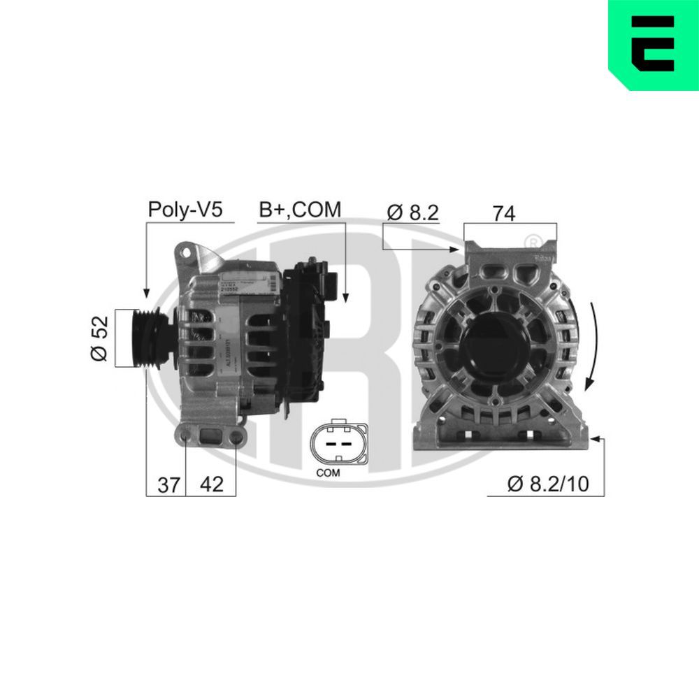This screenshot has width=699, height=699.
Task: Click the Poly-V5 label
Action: tap(185, 209)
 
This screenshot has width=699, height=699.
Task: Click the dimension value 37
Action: tap(168, 484)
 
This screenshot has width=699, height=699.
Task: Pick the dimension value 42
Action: tap(211, 484)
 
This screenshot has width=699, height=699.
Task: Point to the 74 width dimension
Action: tap(503, 213)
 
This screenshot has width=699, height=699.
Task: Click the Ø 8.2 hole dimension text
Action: tap(412, 212)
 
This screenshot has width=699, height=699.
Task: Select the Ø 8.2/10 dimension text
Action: tap(548, 484)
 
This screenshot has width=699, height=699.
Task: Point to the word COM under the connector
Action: tap(327, 473)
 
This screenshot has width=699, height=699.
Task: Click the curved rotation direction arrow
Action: tap(594, 346)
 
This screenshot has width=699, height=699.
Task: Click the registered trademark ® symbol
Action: tap(533, 241)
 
